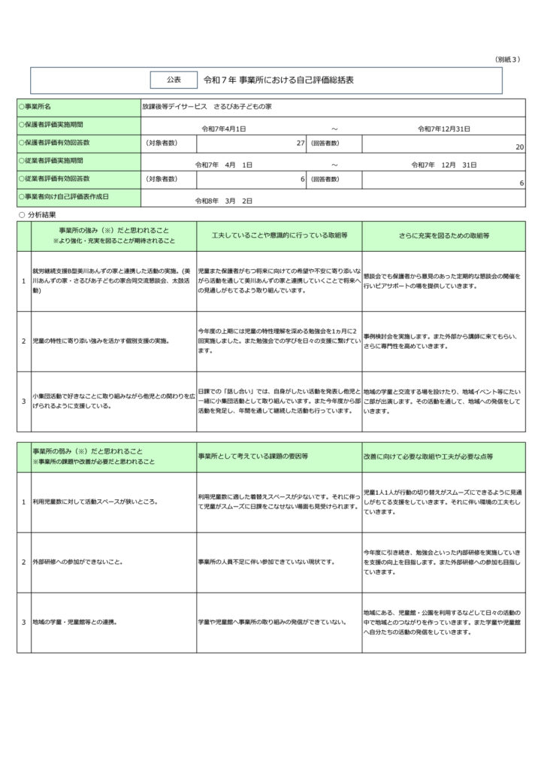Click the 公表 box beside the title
174,79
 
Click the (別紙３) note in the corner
507,59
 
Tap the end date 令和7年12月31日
444,129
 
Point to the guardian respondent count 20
520,147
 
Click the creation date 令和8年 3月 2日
224,201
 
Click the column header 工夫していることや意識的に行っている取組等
279,235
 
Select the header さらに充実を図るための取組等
443,235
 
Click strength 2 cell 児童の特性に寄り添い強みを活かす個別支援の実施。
100,341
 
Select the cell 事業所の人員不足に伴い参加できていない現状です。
266,562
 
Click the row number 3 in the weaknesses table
23,622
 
